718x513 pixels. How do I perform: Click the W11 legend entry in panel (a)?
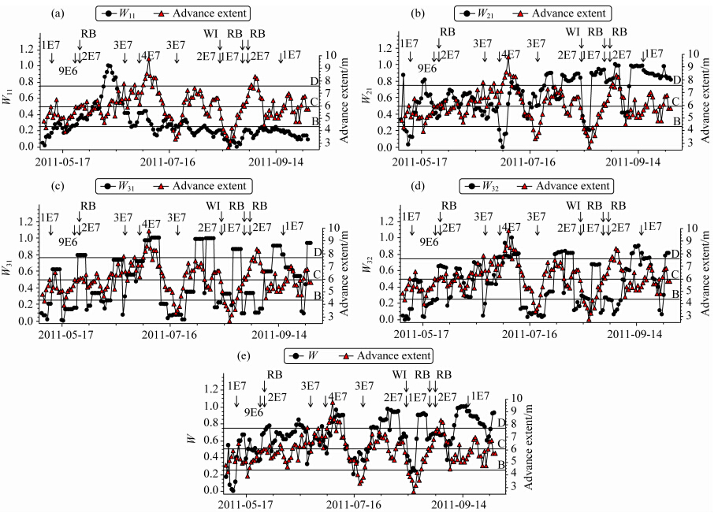click(x=125, y=13)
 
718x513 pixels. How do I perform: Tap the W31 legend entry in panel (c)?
click(x=125, y=187)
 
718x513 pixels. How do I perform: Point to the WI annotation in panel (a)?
click(x=211, y=32)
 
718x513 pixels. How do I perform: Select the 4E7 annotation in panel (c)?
click(x=149, y=225)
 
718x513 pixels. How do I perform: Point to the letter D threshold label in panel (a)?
click(x=313, y=80)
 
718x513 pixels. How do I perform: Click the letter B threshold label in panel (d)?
click(x=675, y=294)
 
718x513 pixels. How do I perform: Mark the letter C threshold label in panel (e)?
click(x=502, y=444)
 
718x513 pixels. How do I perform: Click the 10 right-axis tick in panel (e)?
click(x=516, y=399)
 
